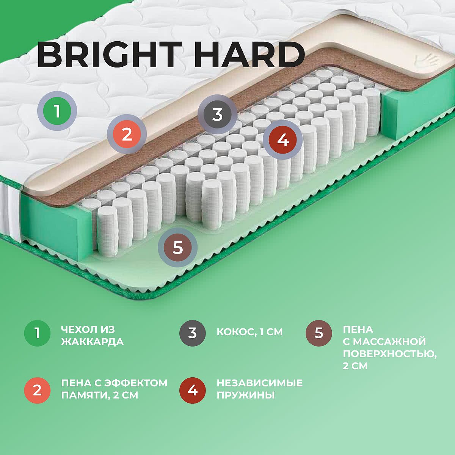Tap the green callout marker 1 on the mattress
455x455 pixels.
click(57, 111)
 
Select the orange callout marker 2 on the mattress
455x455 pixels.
click(127, 134)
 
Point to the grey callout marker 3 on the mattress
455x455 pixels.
click(218, 115)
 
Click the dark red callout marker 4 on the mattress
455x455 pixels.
click(283, 140)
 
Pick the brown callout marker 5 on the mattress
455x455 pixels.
click(177, 248)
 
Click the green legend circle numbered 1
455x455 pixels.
click(37, 333)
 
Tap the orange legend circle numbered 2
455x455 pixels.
click(37, 390)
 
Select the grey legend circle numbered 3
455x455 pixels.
click(193, 333)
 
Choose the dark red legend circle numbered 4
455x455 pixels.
click(193, 390)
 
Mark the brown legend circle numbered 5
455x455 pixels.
click(319, 333)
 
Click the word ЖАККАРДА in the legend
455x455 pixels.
click(92, 342)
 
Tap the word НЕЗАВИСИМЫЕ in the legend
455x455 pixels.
click(259, 383)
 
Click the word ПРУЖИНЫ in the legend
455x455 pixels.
click(246, 395)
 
